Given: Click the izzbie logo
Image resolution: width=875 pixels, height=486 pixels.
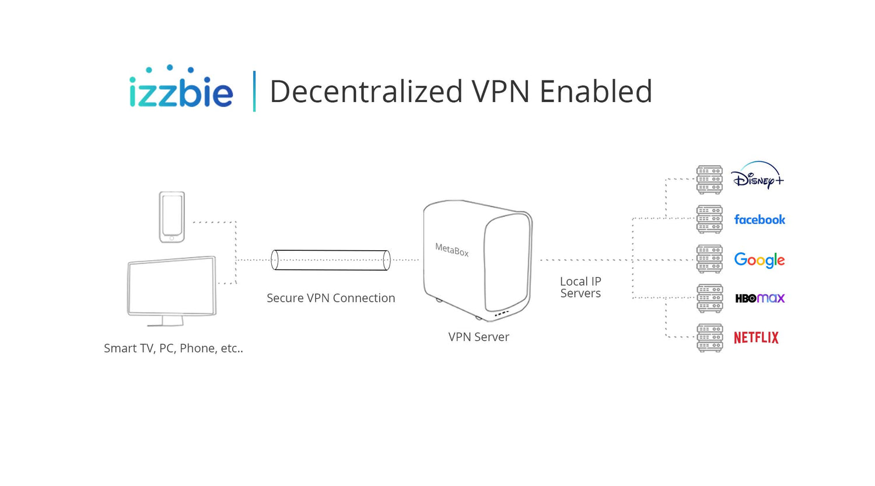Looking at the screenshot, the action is (x=181, y=86).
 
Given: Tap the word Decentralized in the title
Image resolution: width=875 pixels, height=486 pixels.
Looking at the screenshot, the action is (x=366, y=91).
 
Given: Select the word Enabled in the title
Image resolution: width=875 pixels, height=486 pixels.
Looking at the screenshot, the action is (x=596, y=91).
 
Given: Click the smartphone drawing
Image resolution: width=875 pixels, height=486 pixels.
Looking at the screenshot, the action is (x=172, y=217).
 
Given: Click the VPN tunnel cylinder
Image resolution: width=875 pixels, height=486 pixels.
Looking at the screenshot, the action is (x=331, y=260).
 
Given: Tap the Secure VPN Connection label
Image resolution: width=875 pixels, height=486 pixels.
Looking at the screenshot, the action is (x=331, y=298).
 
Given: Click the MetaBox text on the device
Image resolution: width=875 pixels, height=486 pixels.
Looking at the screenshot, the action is (x=452, y=249).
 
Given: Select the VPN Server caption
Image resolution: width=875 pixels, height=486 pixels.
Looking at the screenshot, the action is (x=478, y=337).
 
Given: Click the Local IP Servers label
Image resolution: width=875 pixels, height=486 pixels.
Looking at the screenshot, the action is (x=580, y=287).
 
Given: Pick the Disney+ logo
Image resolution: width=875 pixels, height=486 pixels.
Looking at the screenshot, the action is (x=757, y=176).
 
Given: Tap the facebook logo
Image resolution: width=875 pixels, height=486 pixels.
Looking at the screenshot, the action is (x=759, y=219).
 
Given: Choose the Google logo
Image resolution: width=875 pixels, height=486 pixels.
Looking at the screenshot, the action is (x=759, y=260).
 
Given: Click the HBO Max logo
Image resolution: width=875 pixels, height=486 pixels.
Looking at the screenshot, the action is (x=759, y=299).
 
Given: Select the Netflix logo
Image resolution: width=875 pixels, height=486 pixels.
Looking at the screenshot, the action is (x=756, y=338).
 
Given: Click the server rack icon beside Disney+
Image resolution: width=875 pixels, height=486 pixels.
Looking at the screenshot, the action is (x=709, y=180).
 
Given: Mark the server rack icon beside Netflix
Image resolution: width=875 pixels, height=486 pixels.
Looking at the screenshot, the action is (x=709, y=338).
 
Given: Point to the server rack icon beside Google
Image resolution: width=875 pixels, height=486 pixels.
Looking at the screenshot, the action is (x=709, y=259).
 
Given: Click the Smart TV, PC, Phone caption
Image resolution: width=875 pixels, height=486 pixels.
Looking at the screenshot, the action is (x=173, y=348).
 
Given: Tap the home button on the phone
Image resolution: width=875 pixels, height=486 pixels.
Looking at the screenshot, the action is (x=171, y=238).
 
